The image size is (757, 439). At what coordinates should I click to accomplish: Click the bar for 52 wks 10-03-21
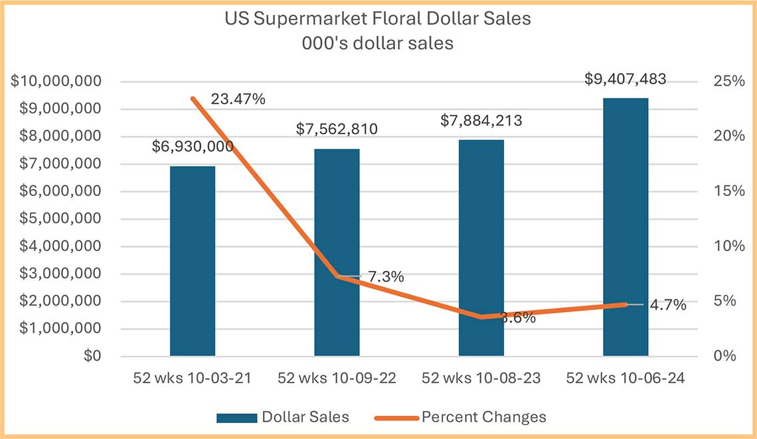click(x=193, y=266)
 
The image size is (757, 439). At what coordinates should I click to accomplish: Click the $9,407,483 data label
click(x=625, y=79)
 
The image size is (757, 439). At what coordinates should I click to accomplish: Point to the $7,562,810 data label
click(x=337, y=129)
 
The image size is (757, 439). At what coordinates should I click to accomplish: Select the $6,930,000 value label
click(x=193, y=146)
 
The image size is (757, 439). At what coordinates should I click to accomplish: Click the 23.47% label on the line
click(x=238, y=100)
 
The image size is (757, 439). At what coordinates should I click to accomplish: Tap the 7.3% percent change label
click(x=385, y=277)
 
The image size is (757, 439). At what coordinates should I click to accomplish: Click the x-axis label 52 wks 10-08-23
click(x=481, y=379)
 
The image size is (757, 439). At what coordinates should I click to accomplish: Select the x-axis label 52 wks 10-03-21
click(x=193, y=379)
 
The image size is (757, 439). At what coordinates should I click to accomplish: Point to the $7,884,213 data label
click(x=481, y=120)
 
